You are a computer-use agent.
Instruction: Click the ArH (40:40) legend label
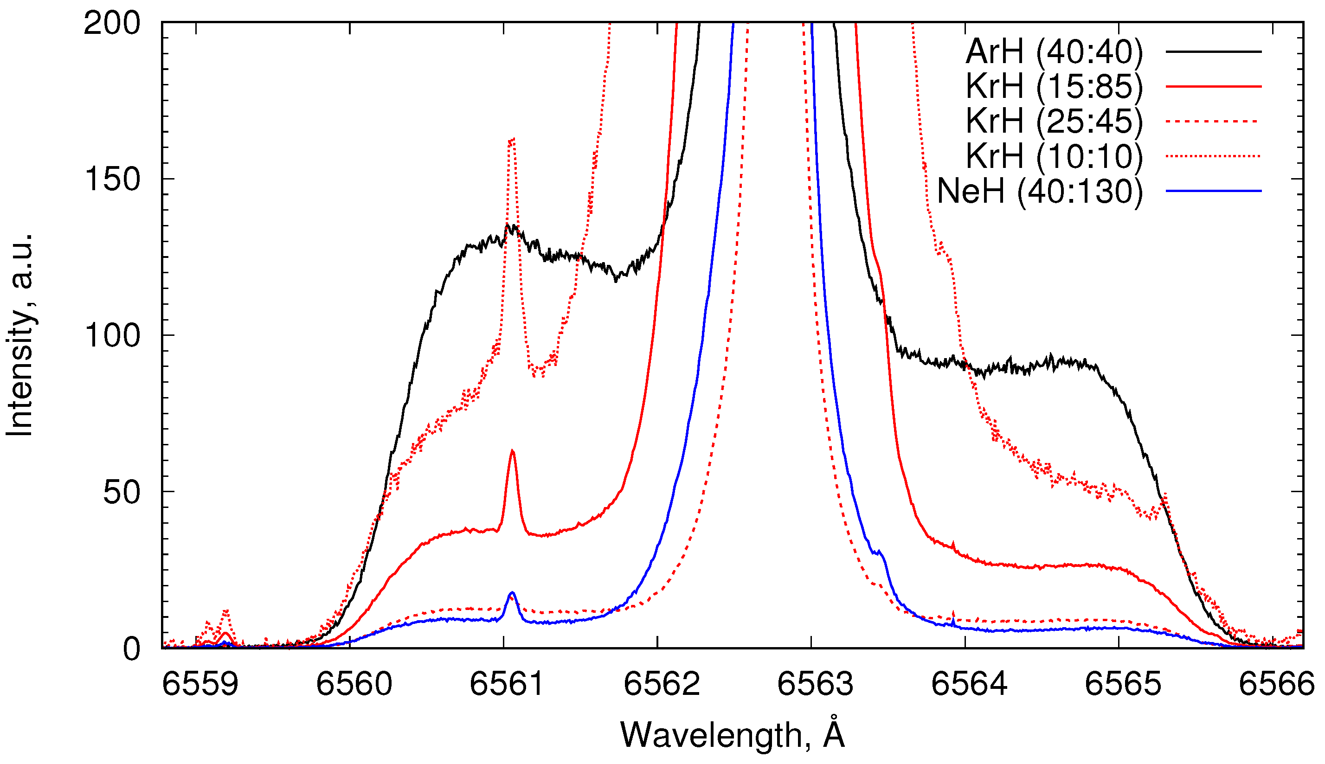pyautogui.click(x=1053, y=51)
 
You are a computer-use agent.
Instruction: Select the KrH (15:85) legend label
pyautogui.click(x=1053, y=86)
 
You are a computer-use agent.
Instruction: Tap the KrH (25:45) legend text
pyautogui.click(x=1053, y=121)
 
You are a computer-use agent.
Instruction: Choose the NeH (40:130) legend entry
pyautogui.click(x=1039, y=191)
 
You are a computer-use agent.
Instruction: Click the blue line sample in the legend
pyautogui.click(x=1213, y=191)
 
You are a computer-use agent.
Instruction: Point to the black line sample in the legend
pyautogui.click(x=1213, y=51)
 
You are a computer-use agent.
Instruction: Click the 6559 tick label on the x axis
pyautogui.click(x=200, y=684)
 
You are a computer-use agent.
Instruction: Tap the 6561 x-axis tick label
pyautogui.click(x=507, y=684)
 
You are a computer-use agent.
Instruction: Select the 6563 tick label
pyautogui.click(x=815, y=684)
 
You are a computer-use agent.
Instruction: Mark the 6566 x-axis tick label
pyautogui.click(x=1276, y=684)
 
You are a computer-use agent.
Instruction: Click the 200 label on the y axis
pyautogui.click(x=112, y=24)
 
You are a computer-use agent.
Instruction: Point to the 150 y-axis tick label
pyautogui.click(x=112, y=180)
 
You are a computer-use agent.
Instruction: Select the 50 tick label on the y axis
pyautogui.click(x=122, y=492)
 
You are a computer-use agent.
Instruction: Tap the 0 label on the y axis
pyautogui.click(x=131, y=649)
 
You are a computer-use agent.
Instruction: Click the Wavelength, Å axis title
pyautogui.click(x=732, y=734)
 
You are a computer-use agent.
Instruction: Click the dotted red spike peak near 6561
pyautogui.click(x=512, y=140)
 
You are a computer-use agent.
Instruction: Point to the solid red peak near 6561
pyautogui.click(x=512, y=451)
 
